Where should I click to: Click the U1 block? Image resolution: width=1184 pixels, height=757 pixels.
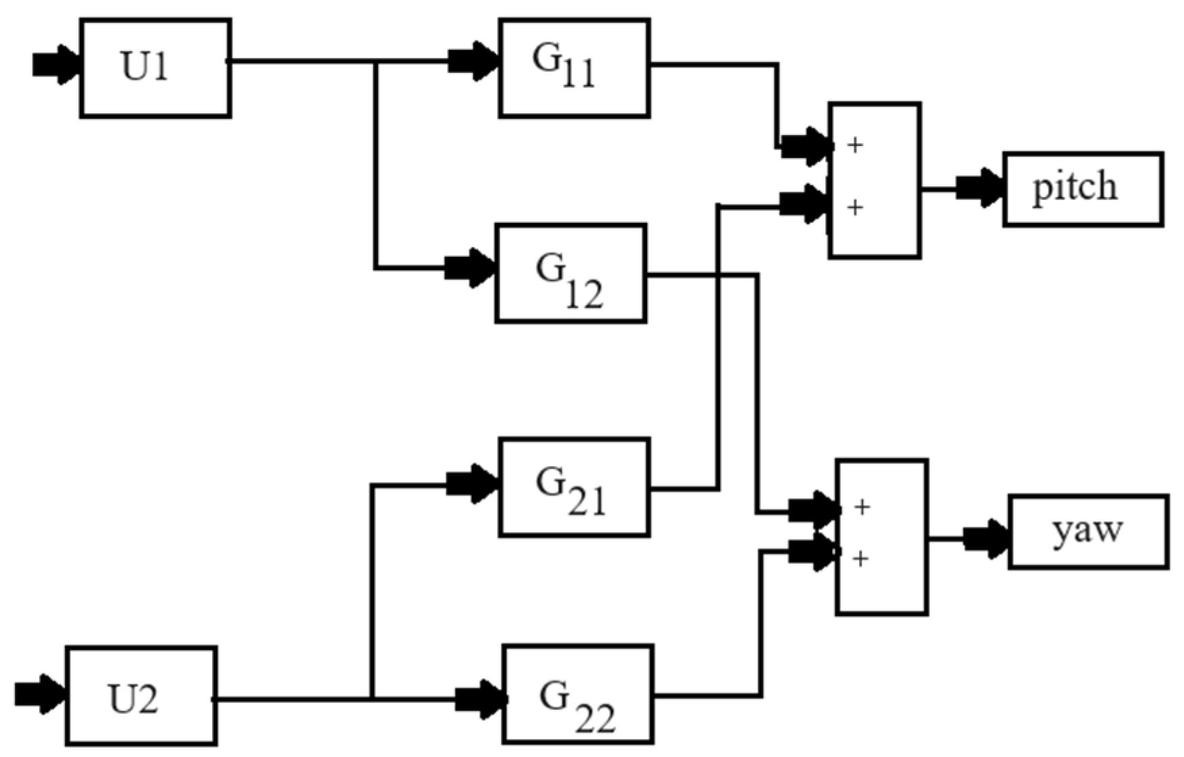155,68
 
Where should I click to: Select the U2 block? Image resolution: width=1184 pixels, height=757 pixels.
140,696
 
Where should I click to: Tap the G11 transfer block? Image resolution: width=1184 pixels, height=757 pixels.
574,68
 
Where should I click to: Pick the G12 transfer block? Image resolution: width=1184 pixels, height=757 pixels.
571,273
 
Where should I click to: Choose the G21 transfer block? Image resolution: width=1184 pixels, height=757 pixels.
574,487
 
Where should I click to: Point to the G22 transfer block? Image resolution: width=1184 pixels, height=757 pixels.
578,695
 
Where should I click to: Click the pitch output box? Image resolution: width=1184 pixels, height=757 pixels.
1083,189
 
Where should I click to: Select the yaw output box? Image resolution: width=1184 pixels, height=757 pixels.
1088,532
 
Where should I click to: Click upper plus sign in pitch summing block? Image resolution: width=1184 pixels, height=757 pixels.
855,145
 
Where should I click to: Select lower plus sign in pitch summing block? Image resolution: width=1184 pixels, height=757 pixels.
855,207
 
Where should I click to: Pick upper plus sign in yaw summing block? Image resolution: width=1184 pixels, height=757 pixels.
862,506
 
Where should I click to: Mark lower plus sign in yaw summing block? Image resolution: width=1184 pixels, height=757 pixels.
860,558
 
